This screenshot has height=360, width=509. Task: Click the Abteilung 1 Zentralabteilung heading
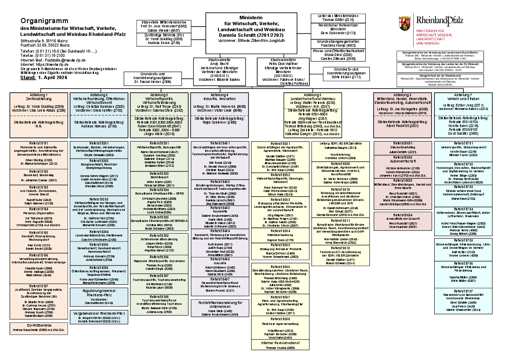coord(39,96)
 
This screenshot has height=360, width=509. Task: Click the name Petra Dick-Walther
coord(282,63)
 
